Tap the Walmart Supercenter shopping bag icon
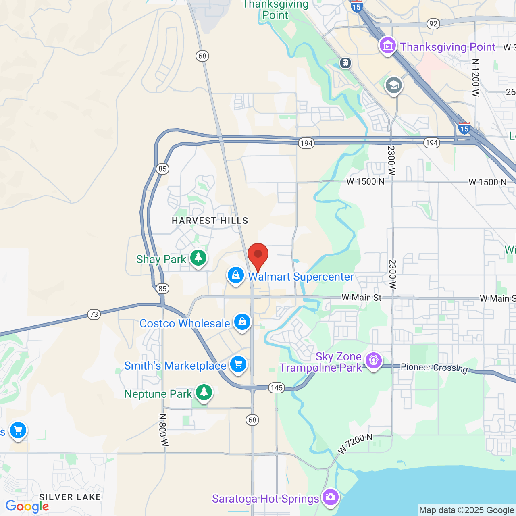click(x=236, y=276)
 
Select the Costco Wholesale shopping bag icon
click(x=242, y=322)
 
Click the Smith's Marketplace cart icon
click(x=238, y=364)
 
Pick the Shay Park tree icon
click(x=198, y=258)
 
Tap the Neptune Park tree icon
click(x=204, y=392)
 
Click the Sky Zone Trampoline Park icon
click(x=374, y=360)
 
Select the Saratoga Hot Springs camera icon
click(x=330, y=497)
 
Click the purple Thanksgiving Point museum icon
click(x=388, y=46)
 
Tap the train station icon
click(x=345, y=63)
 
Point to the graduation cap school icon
click(x=394, y=85)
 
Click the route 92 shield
click(x=433, y=24)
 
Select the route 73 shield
click(x=94, y=314)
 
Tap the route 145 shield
click(x=277, y=388)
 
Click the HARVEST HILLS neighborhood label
click(x=210, y=221)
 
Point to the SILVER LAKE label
click(x=70, y=497)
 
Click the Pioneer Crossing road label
click(x=434, y=368)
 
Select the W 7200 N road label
click(x=355, y=443)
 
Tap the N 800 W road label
click(x=163, y=430)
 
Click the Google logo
click(x=27, y=506)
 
